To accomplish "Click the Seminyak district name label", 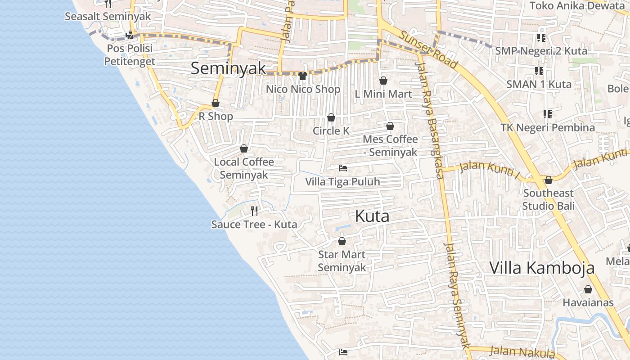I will (228, 68).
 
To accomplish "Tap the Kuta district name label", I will (372, 216).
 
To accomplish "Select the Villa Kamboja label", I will (542, 268).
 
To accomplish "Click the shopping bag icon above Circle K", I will (331, 117).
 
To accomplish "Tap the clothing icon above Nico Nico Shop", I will (302, 76).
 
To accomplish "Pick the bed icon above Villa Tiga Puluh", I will (343, 169).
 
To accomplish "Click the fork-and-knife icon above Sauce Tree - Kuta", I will (254, 211).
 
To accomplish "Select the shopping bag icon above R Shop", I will (216, 103).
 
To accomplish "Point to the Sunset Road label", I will (428, 49).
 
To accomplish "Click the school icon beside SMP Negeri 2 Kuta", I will (541, 38).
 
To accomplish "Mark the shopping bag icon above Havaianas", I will (588, 289).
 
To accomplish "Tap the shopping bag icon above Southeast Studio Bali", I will (549, 180).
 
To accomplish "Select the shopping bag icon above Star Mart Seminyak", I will (342, 241).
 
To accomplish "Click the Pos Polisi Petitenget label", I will (130, 54).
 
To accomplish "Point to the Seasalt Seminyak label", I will (108, 17).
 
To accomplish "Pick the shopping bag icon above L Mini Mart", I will (383, 81).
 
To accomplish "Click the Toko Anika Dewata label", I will (574, 6).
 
